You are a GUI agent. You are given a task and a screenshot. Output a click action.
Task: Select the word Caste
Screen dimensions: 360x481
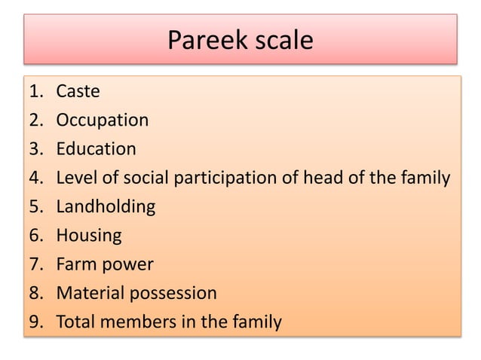78,91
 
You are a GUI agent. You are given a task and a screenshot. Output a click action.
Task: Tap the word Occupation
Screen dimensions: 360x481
102,121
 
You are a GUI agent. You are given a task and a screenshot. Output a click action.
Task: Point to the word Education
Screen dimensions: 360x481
96,149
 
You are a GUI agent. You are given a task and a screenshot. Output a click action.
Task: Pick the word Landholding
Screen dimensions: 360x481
105,207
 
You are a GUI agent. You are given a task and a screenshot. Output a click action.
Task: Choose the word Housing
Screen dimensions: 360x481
88,236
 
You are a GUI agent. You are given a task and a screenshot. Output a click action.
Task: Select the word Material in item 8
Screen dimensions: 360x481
90,293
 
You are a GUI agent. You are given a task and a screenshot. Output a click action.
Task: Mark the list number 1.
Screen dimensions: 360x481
35,92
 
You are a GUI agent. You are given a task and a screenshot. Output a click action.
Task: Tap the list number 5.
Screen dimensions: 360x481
35,207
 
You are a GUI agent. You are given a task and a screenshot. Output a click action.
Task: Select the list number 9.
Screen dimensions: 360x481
35,322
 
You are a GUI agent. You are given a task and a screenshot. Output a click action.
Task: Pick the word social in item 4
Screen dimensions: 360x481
146,178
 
